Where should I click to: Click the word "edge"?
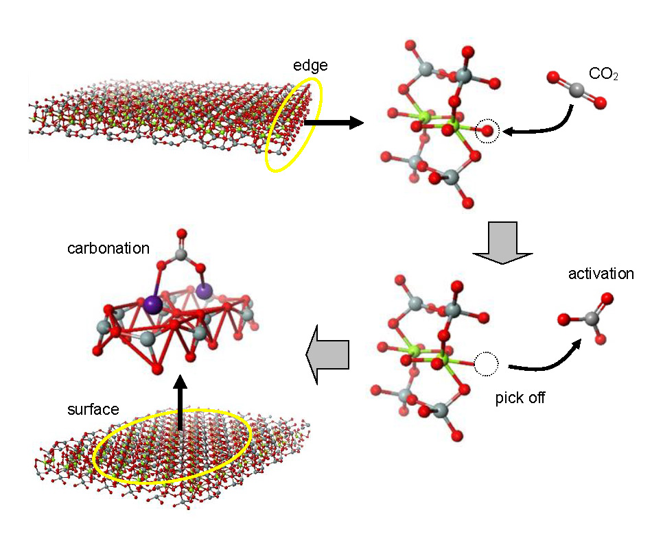[x=310, y=66]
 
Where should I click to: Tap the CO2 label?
[x=603, y=74]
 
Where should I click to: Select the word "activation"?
[x=601, y=274]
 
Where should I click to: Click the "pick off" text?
[x=520, y=398]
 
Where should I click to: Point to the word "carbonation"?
[x=108, y=247]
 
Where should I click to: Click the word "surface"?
[x=93, y=410]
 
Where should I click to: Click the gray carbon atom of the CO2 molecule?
[x=577, y=90]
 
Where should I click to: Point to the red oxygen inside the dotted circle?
[x=487, y=130]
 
